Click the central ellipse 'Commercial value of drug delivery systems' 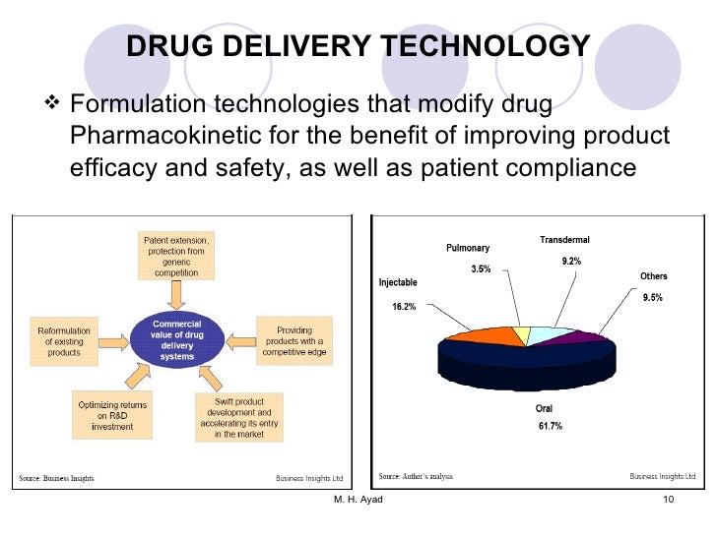177,338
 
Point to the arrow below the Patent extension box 176,293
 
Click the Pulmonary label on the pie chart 468,248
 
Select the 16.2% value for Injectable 404,307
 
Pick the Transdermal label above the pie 564,240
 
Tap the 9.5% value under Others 653,297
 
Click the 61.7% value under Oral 551,426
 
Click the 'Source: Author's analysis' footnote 416,477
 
